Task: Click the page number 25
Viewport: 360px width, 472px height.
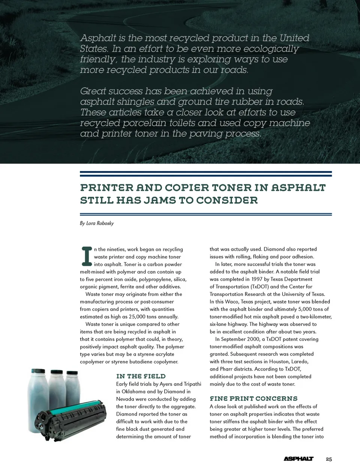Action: click(329, 459)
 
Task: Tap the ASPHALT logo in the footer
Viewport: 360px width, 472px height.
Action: click(298, 459)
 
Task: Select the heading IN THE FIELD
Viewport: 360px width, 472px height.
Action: click(141, 376)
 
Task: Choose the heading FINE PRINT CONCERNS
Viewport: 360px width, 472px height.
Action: click(253, 399)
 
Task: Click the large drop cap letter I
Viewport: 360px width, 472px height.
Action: click(86, 256)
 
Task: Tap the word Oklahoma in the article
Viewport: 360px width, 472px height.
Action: click(133, 391)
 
